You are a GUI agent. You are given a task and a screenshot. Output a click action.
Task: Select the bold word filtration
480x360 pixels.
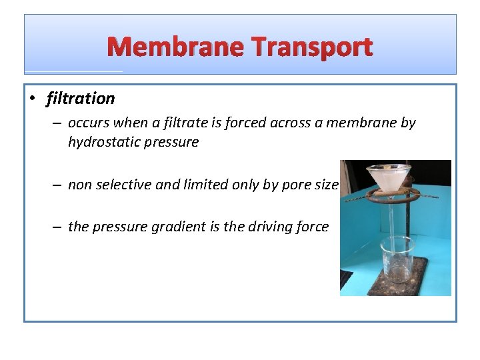pos(81,99)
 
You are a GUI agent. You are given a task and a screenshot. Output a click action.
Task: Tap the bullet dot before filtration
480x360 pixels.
pos(32,99)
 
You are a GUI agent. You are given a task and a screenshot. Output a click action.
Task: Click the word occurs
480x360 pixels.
pos(87,123)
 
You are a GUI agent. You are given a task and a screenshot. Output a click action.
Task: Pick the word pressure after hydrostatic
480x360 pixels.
pos(175,142)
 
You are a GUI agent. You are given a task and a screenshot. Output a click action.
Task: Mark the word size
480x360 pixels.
pos(327,185)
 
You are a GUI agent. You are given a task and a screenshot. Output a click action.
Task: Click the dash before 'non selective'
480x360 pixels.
pos(58,185)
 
